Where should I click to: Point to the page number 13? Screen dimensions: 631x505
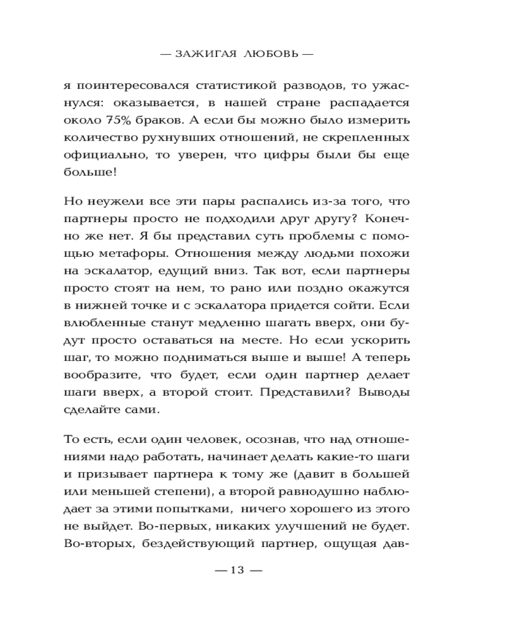pyautogui.click(x=237, y=570)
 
